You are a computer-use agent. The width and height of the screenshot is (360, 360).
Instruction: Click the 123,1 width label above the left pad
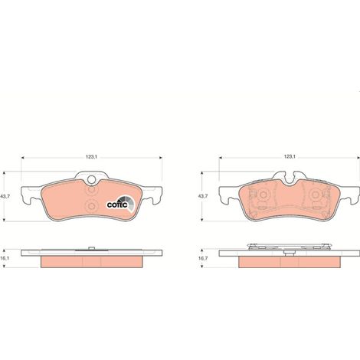tap(91, 157)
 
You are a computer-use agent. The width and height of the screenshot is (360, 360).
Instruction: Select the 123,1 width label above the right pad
tap(290, 157)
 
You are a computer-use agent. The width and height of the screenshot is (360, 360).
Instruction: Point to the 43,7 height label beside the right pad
tap(203, 196)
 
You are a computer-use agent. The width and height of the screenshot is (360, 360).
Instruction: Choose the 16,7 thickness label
tap(203, 258)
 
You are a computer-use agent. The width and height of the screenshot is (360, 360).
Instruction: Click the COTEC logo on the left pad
tap(120, 203)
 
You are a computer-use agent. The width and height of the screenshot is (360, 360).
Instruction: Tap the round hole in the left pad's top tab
tap(91, 179)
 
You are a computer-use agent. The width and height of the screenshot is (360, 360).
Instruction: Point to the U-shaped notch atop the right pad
tap(290, 178)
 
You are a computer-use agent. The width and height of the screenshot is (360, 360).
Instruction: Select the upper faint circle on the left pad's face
tap(91, 190)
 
